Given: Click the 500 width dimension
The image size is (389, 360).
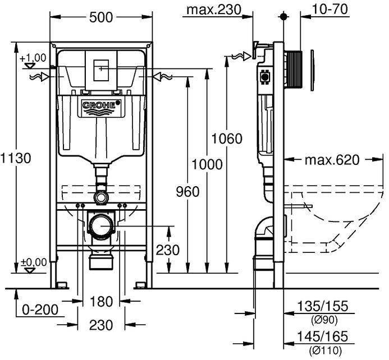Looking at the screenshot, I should [102, 17].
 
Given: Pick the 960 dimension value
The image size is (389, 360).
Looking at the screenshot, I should [187, 192].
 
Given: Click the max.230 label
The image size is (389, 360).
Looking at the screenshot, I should [213, 10].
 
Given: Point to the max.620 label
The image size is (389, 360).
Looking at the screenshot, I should [332, 160].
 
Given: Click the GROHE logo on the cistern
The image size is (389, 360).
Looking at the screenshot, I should [102, 105].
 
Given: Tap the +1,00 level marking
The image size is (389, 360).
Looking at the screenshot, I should [32, 58].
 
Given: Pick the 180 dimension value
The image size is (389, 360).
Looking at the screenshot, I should [102, 302].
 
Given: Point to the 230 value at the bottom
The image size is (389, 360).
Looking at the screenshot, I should [101, 325].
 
